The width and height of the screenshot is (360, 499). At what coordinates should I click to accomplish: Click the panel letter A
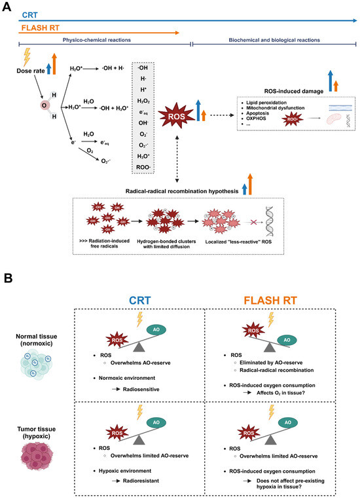tap(6, 6)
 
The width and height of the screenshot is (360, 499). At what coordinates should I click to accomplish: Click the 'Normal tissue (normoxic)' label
tap(30, 340)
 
